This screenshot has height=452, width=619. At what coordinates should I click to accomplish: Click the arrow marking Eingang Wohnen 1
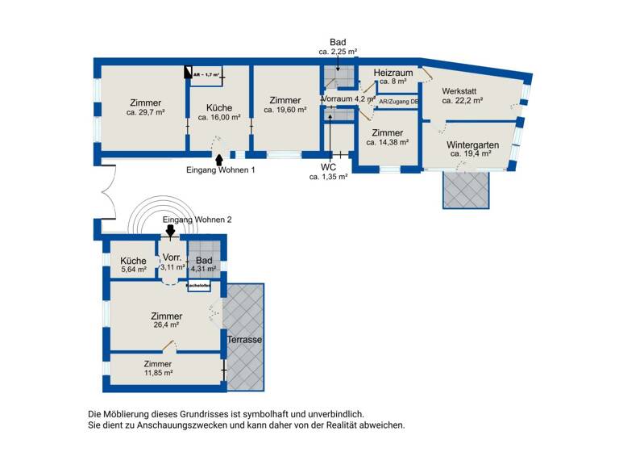(x=219, y=160)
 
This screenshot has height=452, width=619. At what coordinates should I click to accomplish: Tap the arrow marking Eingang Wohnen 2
(x=170, y=231)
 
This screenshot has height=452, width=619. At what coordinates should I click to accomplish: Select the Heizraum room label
(x=393, y=72)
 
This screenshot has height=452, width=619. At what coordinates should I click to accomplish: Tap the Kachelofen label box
(x=198, y=285)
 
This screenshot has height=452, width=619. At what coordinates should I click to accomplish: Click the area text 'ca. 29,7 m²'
(x=145, y=113)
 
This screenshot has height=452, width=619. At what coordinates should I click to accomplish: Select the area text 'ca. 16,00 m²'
(x=218, y=117)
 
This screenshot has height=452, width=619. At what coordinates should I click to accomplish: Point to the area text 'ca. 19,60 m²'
(x=285, y=111)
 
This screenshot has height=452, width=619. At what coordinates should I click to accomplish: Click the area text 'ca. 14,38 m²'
(x=387, y=142)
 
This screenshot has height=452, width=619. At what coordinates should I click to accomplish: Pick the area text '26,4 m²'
(x=166, y=325)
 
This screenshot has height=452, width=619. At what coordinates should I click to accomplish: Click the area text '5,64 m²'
(x=133, y=270)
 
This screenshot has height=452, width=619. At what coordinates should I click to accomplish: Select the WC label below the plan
(x=328, y=166)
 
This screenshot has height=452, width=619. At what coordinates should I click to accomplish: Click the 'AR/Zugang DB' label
(x=398, y=103)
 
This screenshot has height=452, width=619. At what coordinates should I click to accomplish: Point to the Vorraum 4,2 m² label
(x=348, y=98)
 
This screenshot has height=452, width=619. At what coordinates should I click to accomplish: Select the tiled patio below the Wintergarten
(x=465, y=190)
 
